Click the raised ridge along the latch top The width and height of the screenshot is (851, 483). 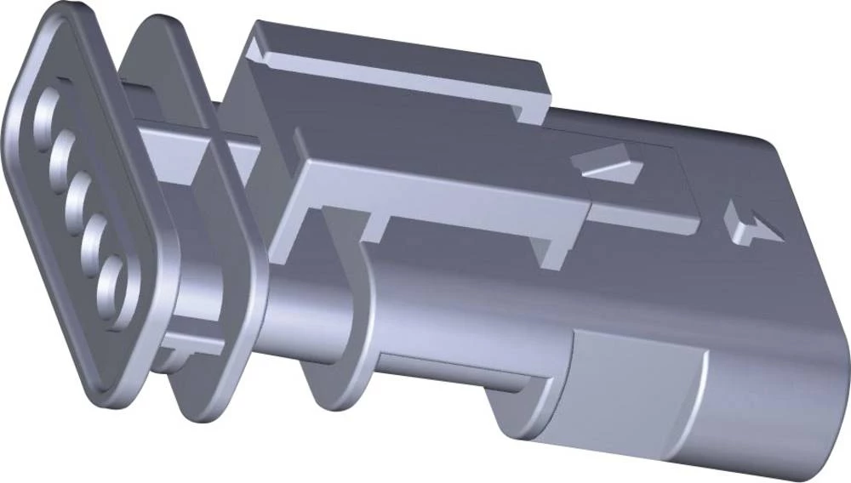click(x=391, y=64)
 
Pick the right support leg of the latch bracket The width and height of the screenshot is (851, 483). click(x=549, y=247)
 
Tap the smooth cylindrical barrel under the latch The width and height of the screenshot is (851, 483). click(x=460, y=323)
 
